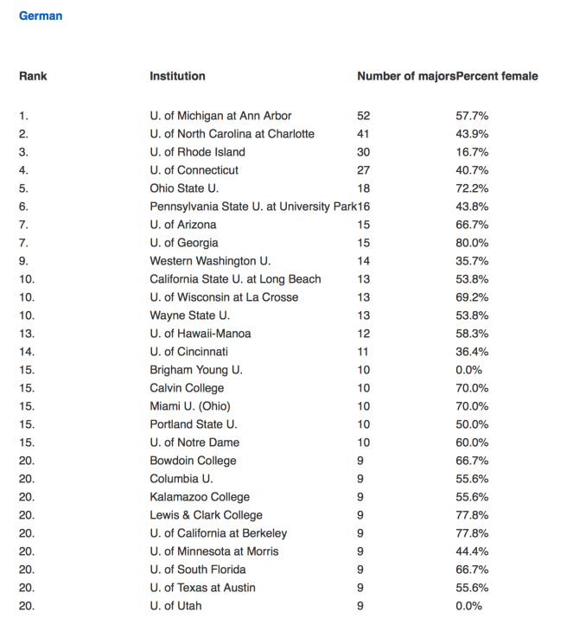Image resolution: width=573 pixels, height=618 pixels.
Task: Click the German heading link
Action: [x=41, y=16]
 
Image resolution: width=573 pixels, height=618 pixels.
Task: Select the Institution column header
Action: [x=177, y=76]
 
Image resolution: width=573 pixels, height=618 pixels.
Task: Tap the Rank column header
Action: [x=33, y=76]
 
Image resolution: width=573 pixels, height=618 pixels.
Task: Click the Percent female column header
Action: [x=497, y=76]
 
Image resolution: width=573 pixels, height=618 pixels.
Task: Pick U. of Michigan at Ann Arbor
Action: [x=220, y=116]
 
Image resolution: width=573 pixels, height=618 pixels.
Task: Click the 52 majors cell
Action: [x=363, y=116]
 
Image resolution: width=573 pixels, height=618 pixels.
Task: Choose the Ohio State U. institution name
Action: [x=184, y=188]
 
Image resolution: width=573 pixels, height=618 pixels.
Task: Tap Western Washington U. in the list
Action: [x=210, y=261]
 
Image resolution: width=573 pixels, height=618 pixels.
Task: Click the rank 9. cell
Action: [x=24, y=261]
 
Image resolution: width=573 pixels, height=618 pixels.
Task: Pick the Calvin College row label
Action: [x=187, y=388]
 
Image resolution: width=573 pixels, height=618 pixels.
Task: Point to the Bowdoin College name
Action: [x=193, y=461]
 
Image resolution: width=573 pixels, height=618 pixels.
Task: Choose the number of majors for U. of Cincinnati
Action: [x=363, y=352]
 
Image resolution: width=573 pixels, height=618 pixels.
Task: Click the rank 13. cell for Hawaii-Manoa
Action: [x=27, y=334]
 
